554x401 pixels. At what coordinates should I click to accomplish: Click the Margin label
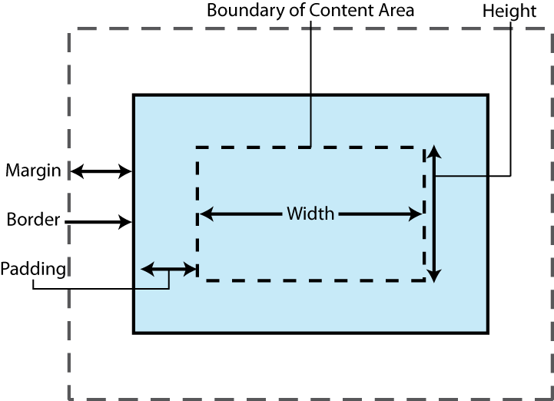pyautogui.click(x=33, y=171)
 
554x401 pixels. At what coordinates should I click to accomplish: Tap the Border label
pyautogui.click(x=33, y=220)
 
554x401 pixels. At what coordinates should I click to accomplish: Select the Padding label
pyautogui.click(x=32, y=269)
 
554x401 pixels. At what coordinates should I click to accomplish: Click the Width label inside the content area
pyautogui.click(x=310, y=214)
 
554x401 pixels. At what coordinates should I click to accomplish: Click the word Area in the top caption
pyautogui.click(x=397, y=11)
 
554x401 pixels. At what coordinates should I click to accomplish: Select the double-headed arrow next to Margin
pyautogui.click(x=101, y=171)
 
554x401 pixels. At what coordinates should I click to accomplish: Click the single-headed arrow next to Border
pyautogui.click(x=98, y=223)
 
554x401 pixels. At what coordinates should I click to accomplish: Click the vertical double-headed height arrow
pyautogui.click(x=434, y=214)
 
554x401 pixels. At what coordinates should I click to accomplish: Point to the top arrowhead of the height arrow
pyautogui.click(x=434, y=151)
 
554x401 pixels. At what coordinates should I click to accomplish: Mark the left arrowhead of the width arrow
pyautogui.click(x=206, y=214)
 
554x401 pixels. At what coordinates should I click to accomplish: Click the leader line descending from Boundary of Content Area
pyautogui.click(x=310, y=85)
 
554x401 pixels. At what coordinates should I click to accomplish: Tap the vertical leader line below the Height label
pyautogui.click(x=512, y=100)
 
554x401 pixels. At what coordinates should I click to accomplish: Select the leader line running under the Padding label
pyautogui.click(x=100, y=289)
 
